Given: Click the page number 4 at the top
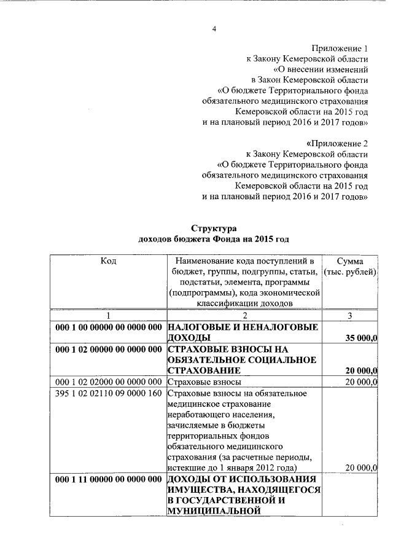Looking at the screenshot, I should (214, 29).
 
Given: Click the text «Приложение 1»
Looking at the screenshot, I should (339, 47).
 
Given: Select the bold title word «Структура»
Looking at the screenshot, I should (214, 228).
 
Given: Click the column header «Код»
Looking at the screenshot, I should (108, 260).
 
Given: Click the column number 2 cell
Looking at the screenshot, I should (244, 315).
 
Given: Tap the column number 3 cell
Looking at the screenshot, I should (349, 315).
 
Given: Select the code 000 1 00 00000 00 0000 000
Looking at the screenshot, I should (108, 327).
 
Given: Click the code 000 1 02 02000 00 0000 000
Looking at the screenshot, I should (108, 383).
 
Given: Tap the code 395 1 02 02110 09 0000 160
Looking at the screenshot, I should (108, 394).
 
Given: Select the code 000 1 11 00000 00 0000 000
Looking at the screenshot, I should (108, 479).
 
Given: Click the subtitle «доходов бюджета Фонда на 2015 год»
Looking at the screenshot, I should (214, 239).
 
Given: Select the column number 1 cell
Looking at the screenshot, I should (108, 315).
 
